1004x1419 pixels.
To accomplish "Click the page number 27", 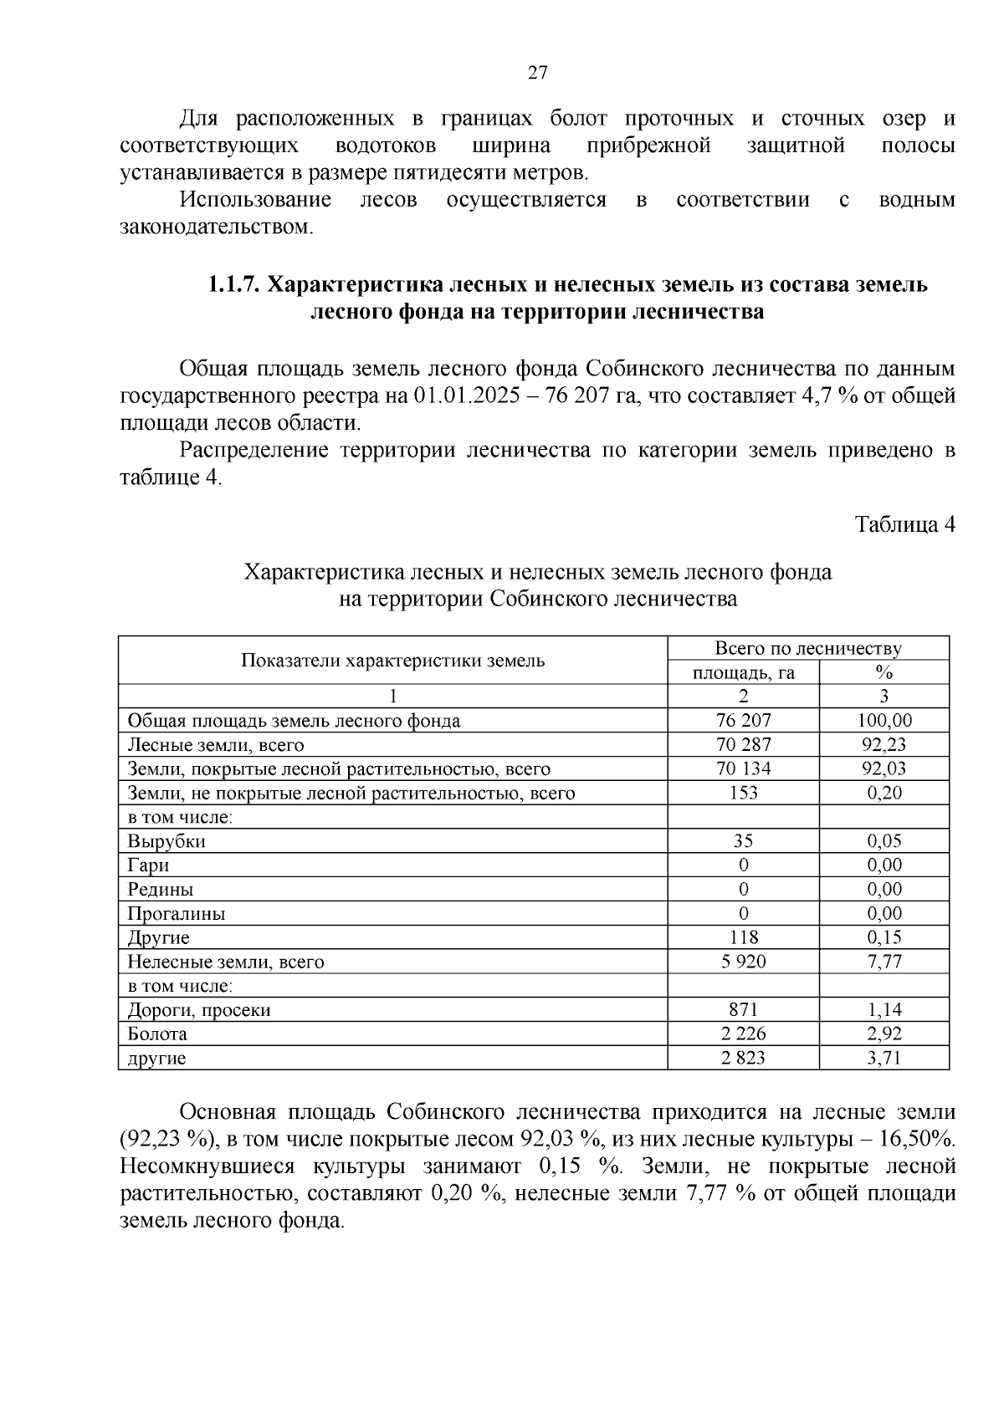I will [537, 73].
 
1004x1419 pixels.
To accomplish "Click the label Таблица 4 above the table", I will [904, 524].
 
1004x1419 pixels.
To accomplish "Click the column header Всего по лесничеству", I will [807, 649].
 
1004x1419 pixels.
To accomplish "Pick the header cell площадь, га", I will [743, 672].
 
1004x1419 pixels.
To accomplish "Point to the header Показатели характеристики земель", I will [392, 661].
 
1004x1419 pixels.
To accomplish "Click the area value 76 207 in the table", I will [743, 721].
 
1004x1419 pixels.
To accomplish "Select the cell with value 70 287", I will [743, 745].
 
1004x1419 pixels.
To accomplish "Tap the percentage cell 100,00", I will [884, 721].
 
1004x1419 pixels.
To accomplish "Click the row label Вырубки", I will [166, 841].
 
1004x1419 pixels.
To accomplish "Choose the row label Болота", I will [157, 1034].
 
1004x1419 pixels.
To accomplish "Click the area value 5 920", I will [743, 962].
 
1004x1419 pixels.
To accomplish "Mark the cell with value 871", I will [743, 1010].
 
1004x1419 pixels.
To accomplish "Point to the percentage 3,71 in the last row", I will [884, 1059].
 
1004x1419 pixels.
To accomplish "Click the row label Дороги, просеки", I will [199, 1010].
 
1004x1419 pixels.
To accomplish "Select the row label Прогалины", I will [177, 914].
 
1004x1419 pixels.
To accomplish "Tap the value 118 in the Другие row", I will [743, 938].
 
